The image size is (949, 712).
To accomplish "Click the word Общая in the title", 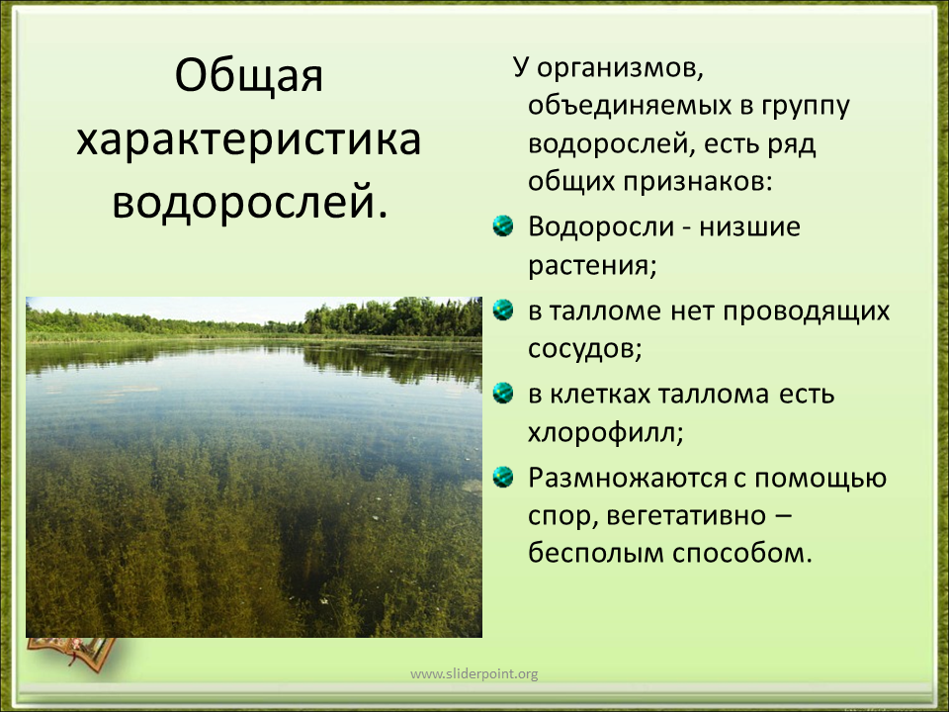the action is coord(249,76).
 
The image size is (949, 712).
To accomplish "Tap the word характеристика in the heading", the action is coord(249,139).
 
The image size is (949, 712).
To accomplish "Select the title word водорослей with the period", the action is coord(249,202).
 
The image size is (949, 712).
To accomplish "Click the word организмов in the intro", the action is coord(620,69).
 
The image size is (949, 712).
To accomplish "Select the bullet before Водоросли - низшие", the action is coord(503,225).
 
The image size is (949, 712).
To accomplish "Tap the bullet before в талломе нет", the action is coord(503,310).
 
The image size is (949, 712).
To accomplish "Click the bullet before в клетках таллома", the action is coord(503,394).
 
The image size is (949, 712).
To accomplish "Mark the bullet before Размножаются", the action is coord(503,477).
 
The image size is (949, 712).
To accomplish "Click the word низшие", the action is coord(750,227).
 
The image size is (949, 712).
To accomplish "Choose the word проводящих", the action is coord(807,311).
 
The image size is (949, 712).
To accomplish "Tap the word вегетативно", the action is coord(686,516).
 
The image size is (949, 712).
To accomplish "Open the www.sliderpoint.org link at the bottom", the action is coord(474,673).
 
